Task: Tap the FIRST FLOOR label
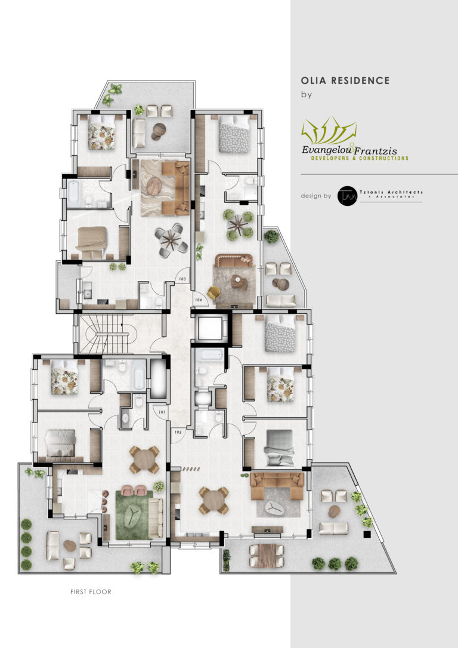point(91,592)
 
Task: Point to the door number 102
point(177,431)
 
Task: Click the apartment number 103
point(182,279)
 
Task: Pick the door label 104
point(198,300)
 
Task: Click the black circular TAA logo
point(346,196)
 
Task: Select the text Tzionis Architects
point(390,192)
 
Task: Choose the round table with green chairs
point(239,224)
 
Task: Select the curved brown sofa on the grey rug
point(234,260)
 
